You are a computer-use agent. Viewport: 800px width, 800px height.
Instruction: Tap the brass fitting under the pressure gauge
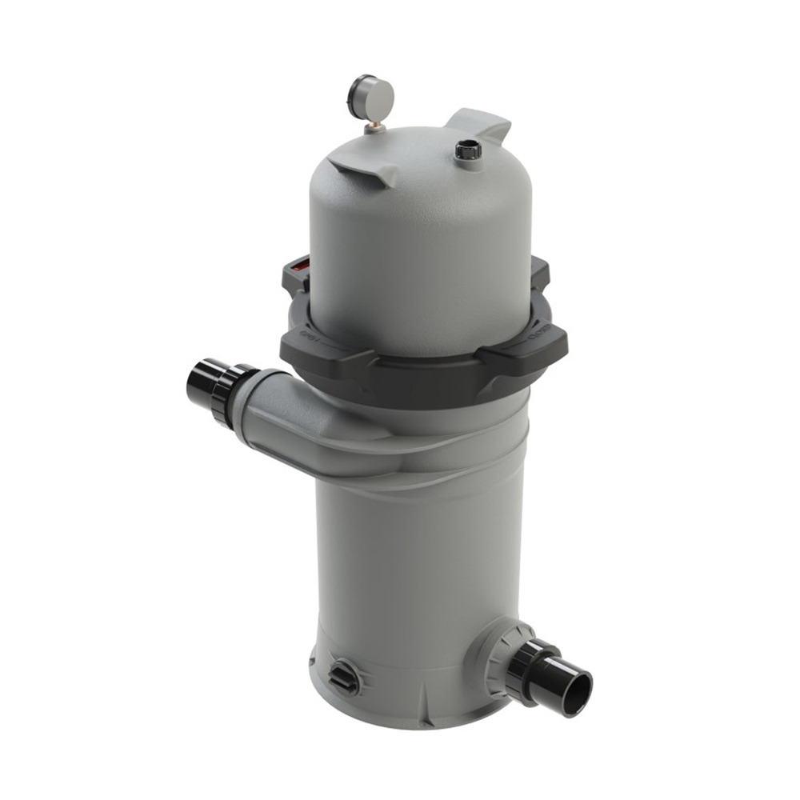coord(372,127)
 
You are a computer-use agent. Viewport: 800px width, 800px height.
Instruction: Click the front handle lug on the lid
coord(365,170)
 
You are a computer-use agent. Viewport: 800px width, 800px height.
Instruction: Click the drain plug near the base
coord(345,676)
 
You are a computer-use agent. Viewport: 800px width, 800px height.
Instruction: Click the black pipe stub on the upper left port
coord(202,383)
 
